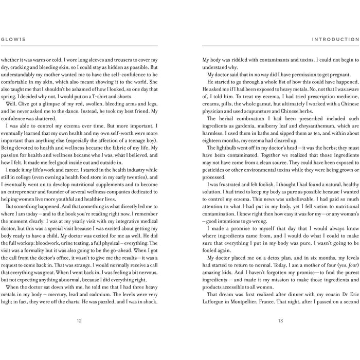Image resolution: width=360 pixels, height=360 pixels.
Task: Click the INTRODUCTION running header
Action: (x=335, y=39)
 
